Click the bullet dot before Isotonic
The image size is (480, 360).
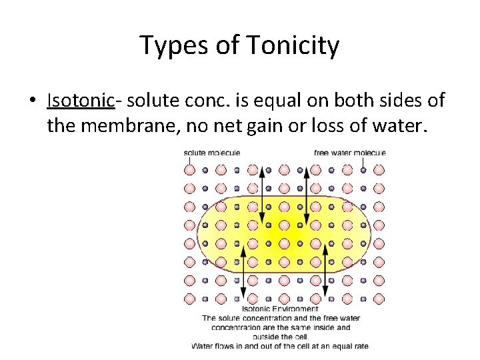tap(32, 101)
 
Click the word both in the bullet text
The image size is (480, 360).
tap(369, 100)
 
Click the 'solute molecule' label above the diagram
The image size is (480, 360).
tap(211, 153)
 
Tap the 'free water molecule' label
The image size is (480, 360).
tap(349, 153)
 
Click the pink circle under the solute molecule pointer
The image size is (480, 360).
tap(189, 170)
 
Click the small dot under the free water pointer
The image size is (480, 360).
tap(363, 170)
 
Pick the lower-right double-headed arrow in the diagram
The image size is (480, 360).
tap(325, 270)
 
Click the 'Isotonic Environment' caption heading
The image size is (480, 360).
tap(279, 309)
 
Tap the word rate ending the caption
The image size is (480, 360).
tap(361, 346)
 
